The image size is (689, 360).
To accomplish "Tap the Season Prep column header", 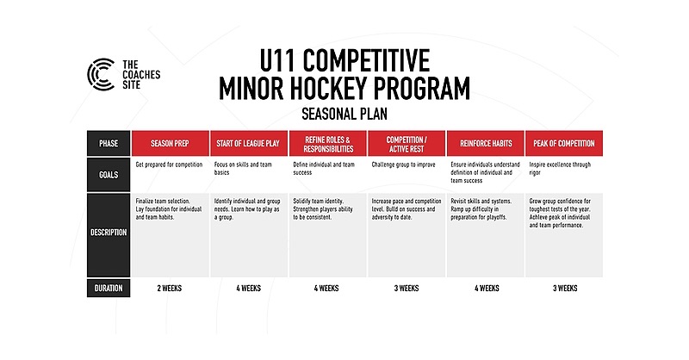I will [x=170, y=143].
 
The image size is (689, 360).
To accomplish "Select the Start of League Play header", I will [x=249, y=143].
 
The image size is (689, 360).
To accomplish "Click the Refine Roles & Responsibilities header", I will [x=327, y=143].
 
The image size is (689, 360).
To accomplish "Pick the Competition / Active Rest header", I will [x=406, y=143].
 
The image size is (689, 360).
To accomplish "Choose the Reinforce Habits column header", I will [x=485, y=143].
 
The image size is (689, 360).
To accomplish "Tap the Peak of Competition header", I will [x=563, y=143].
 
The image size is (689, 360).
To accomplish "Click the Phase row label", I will [x=109, y=143].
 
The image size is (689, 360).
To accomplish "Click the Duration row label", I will [x=109, y=288].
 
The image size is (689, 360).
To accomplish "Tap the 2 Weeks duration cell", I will [x=170, y=288].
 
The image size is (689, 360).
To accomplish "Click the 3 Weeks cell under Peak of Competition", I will [x=563, y=288].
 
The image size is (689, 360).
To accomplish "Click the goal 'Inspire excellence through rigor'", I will [x=560, y=167].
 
